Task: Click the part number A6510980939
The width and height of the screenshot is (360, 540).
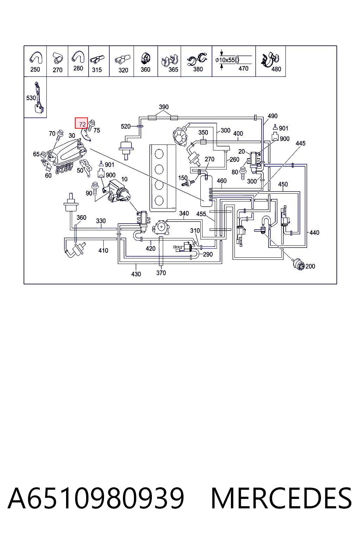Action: [96, 498]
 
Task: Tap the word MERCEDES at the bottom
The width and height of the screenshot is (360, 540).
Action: [281, 498]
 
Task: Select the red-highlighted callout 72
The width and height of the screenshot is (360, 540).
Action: [81, 123]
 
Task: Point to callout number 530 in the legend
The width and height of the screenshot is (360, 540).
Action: [31, 98]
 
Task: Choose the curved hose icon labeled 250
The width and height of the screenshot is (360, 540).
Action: [36, 58]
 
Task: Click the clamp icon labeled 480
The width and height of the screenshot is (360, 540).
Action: [270, 59]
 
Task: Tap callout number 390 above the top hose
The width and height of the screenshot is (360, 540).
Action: [164, 107]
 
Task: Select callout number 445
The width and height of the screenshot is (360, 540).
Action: [301, 143]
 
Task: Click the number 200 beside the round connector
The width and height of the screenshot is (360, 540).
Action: [310, 266]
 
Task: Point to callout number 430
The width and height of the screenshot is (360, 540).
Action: [136, 274]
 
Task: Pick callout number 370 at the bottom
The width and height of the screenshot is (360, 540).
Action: [161, 273]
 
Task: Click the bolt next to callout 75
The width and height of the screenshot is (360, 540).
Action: [91, 125]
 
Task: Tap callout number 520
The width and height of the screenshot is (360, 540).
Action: [126, 126]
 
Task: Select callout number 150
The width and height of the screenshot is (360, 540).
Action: [183, 178]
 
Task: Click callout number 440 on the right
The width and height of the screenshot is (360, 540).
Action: [314, 232]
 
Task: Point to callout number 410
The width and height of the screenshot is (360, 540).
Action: [103, 250]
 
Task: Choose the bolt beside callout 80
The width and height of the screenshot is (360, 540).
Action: [243, 173]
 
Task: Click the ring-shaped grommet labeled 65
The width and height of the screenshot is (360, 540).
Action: [44, 155]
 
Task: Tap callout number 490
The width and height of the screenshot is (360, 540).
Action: [272, 116]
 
